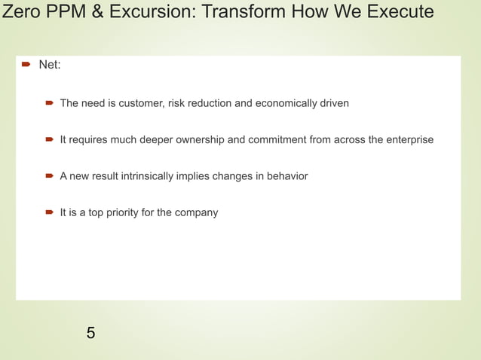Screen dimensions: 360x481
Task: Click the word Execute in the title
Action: click(402, 12)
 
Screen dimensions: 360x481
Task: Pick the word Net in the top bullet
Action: click(49, 66)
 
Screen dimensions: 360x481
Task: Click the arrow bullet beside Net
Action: click(25, 66)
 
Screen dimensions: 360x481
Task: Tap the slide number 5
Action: click(90, 332)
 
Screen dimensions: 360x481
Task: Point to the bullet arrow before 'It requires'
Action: click(50, 139)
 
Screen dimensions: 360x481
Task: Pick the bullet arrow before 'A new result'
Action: click(50, 175)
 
